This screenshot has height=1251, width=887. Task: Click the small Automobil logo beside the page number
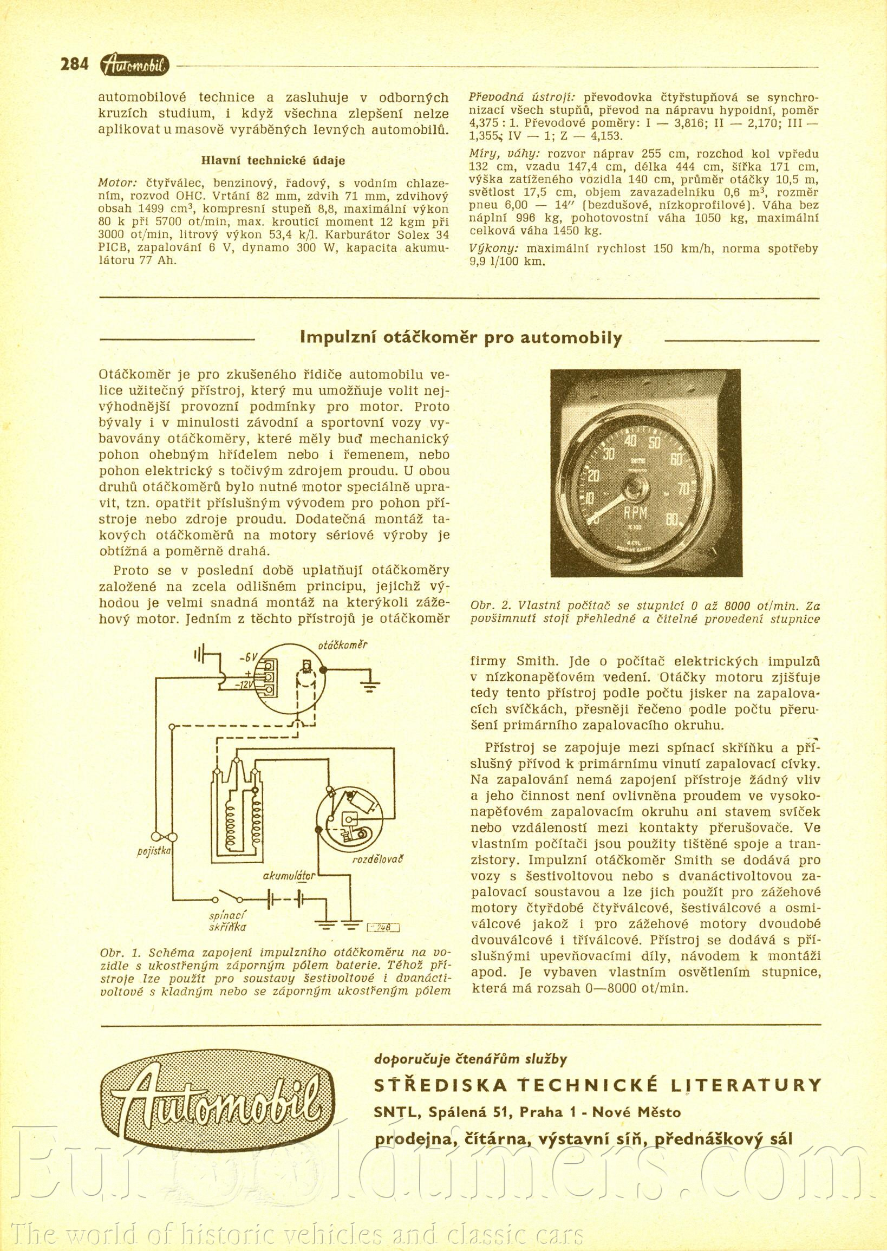135,66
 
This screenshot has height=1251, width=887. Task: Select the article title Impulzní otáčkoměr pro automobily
461,338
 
